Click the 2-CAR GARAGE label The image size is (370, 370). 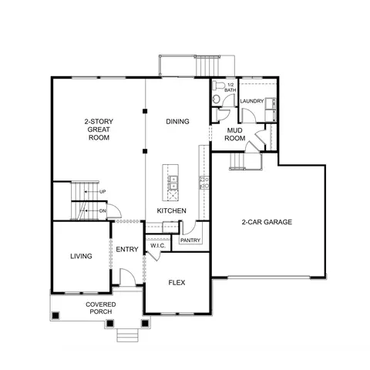pyautogui.click(x=267, y=222)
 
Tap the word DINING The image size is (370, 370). pyautogui.click(x=177, y=121)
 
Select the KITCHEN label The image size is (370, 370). pyautogui.click(x=171, y=210)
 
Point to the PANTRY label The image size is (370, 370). pyautogui.click(x=190, y=240)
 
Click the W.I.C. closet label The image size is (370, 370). pyautogui.click(x=158, y=246)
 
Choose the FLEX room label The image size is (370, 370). pyautogui.click(x=177, y=283)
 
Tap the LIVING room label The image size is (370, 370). pyautogui.click(x=81, y=256)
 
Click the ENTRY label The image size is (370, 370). pyautogui.click(x=127, y=249)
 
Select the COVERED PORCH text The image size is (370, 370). pyautogui.click(x=101, y=308)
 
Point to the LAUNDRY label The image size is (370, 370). pyautogui.click(x=252, y=101)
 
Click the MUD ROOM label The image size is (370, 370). pyautogui.click(x=235, y=134)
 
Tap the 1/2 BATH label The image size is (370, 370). pyautogui.click(x=230, y=88)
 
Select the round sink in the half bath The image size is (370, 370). pyautogui.click(x=217, y=99)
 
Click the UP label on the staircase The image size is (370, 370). pyautogui.click(x=103, y=192)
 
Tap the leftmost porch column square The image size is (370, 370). pyautogui.click(x=55, y=315)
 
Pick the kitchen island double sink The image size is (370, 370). pyautogui.click(x=173, y=183)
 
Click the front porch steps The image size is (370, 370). pyautogui.click(x=128, y=335)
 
